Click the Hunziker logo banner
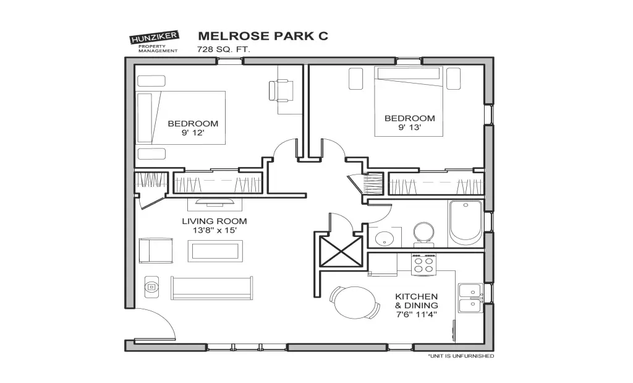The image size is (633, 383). (154, 38)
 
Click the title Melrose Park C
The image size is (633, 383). (263, 36)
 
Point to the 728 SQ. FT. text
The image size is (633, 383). (223, 49)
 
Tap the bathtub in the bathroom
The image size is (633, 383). (465, 223)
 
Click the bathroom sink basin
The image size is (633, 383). (384, 238)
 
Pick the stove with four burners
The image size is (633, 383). (423, 265)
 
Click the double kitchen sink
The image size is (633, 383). (470, 298)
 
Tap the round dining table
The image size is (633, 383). (355, 303)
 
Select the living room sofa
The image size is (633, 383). (211, 288)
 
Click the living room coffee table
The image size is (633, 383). (215, 251)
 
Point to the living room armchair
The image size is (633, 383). (156, 251)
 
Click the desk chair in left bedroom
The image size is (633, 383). (281, 91)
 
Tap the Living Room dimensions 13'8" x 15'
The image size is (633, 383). (215, 231)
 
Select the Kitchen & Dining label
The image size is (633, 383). (416, 301)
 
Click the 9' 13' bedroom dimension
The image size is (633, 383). (410, 127)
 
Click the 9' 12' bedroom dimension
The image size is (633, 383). (193, 132)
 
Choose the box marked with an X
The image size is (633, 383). (341, 252)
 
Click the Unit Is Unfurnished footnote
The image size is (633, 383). (461, 356)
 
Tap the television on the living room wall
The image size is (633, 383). (215, 202)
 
